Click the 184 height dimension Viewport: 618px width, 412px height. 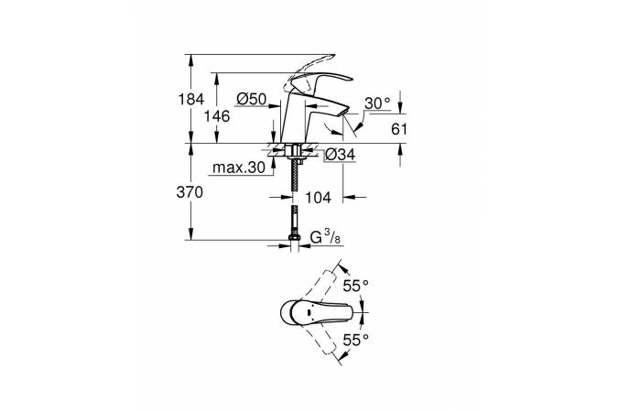(191, 99)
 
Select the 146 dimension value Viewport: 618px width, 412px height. (217, 116)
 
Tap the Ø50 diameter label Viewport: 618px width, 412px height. (252, 99)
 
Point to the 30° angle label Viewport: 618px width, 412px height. (377, 103)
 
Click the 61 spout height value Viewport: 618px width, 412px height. (399, 129)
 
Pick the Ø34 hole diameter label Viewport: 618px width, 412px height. (341, 154)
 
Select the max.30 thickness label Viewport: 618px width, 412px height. (239, 168)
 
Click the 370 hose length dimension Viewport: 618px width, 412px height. (190, 192)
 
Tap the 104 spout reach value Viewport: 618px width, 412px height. (318, 198)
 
